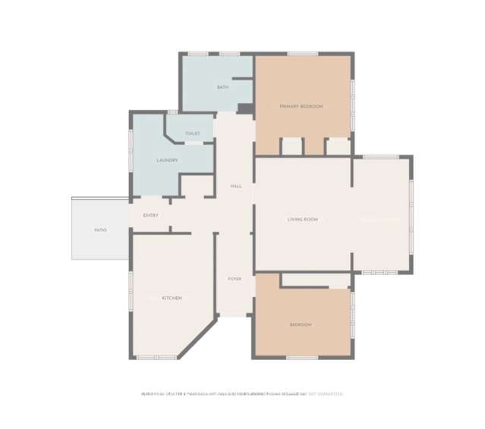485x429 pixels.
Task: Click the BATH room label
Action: pos(222,87)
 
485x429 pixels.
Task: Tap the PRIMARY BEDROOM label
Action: pos(301,106)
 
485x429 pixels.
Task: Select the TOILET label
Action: pos(192,133)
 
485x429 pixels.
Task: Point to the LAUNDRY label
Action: pos(167,160)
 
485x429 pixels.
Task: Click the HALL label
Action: pos(236,186)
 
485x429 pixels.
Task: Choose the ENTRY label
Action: pos(150,215)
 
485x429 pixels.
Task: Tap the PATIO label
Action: pos(100,230)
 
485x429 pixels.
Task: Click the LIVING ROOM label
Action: pos(302,220)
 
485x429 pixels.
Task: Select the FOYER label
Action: pos(235,279)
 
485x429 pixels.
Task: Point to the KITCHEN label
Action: pos(172,298)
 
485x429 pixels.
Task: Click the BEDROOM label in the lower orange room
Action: pos(301,324)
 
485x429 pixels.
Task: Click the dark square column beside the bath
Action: pos(245,108)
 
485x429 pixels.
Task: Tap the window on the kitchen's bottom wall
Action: pos(151,357)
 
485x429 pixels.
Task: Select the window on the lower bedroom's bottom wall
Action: pos(302,357)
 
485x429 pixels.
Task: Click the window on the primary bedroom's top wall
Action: pos(302,54)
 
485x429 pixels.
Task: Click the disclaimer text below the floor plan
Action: pos(241,394)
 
